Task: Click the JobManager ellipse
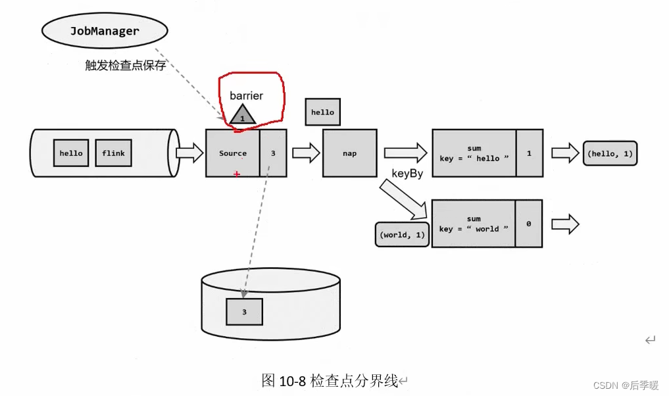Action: point(105,31)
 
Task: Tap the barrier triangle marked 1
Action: point(242,115)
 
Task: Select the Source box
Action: point(233,153)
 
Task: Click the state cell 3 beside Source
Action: point(273,153)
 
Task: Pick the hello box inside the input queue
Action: point(71,153)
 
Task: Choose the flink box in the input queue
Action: point(113,153)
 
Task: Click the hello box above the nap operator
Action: point(322,112)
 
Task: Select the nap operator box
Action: point(349,153)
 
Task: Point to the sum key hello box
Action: point(474,153)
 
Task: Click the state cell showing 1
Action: point(529,153)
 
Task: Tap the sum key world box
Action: point(474,224)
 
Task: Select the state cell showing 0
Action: point(529,224)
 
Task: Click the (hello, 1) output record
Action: point(609,153)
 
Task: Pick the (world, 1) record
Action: point(402,235)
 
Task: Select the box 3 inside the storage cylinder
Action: point(244,312)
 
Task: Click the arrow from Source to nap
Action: point(305,153)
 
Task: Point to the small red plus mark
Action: point(237,174)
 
